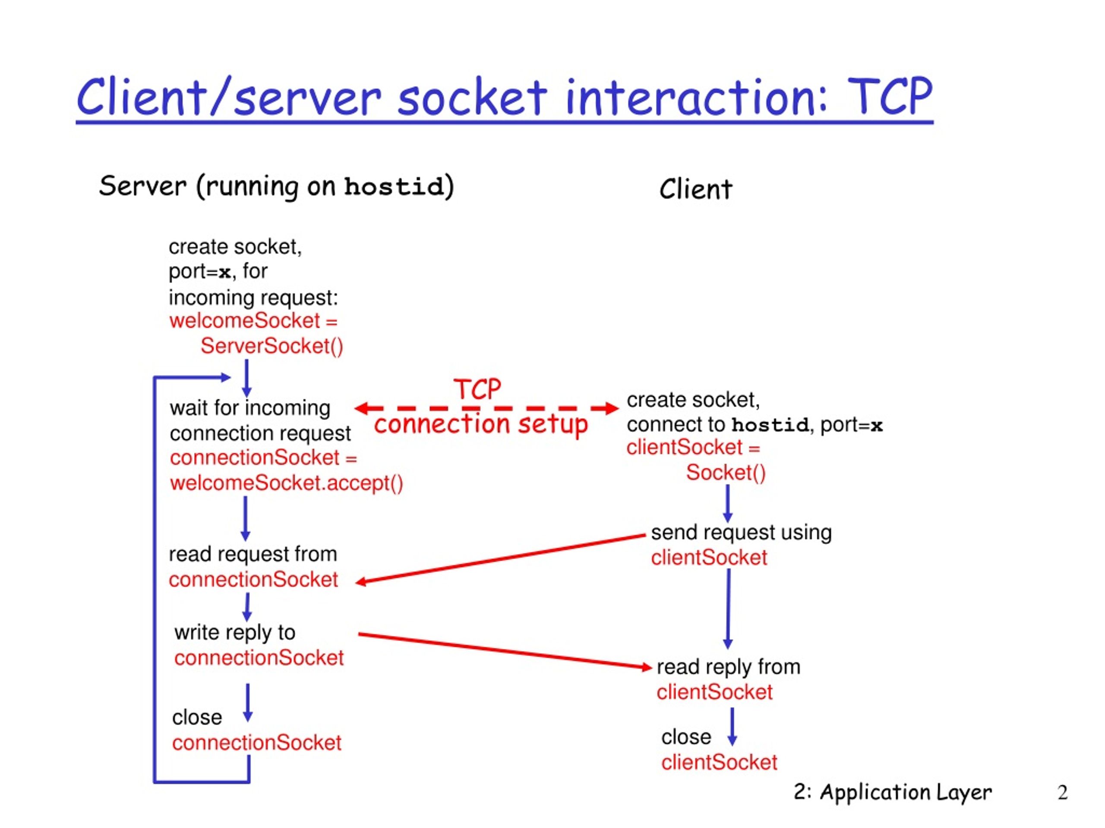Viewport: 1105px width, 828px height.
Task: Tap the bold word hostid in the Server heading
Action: pos(394,187)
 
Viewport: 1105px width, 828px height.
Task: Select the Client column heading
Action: pos(695,189)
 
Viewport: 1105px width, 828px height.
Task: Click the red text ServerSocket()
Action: pos(272,346)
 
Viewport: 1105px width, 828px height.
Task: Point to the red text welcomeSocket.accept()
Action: pos(286,483)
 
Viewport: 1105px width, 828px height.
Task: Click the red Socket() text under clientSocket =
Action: pos(725,472)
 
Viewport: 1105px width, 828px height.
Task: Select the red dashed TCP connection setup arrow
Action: pos(486,408)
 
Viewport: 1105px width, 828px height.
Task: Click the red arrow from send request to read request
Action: pos(501,559)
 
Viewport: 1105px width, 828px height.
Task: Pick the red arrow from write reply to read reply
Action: pos(505,651)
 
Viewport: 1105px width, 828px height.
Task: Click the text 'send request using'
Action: pos(741,533)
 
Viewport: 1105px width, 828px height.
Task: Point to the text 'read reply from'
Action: pos(728,667)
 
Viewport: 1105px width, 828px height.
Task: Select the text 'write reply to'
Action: pos(235,632)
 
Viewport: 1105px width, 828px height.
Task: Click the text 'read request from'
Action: pos(253,554)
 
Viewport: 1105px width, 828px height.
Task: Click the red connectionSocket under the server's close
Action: pos(257,743)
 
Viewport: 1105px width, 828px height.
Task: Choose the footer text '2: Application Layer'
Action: pos(893,792)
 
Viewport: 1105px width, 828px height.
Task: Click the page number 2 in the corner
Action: pos(1063,793)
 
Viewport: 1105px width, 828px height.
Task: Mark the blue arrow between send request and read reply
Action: pos(728,609)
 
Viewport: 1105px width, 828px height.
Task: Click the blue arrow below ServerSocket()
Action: pos(246,378)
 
